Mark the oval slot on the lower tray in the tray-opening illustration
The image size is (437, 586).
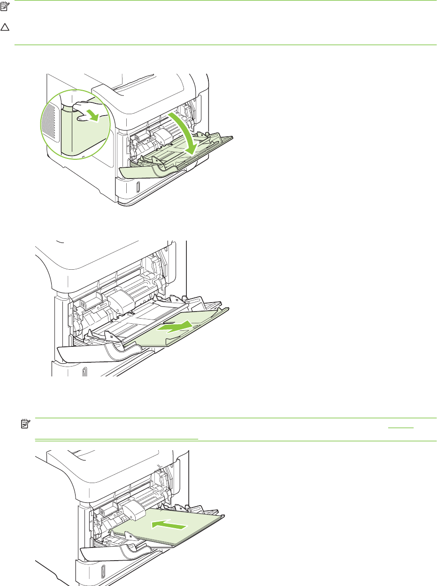pos(137,188)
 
